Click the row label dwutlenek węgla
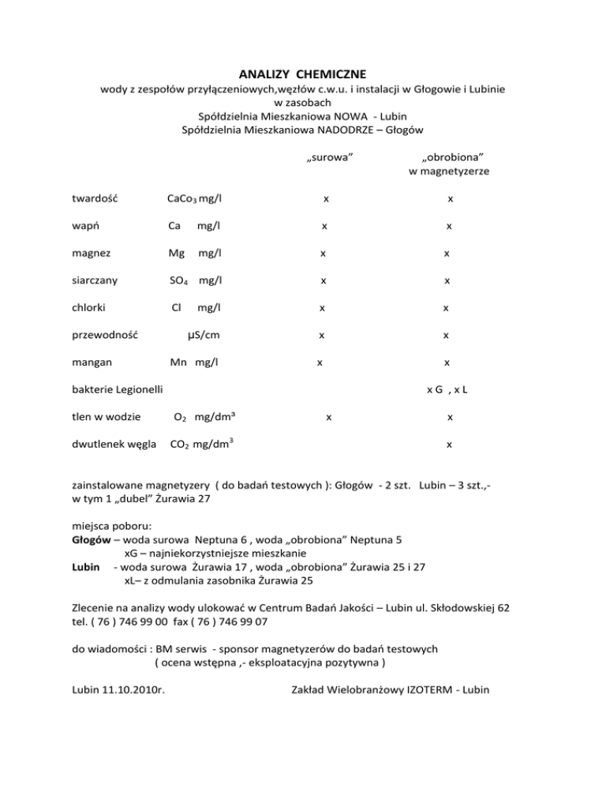coord(109,444)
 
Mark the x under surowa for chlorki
coord(321,307)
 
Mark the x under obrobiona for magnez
coord(447,254)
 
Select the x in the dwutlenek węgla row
coord(448,444)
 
